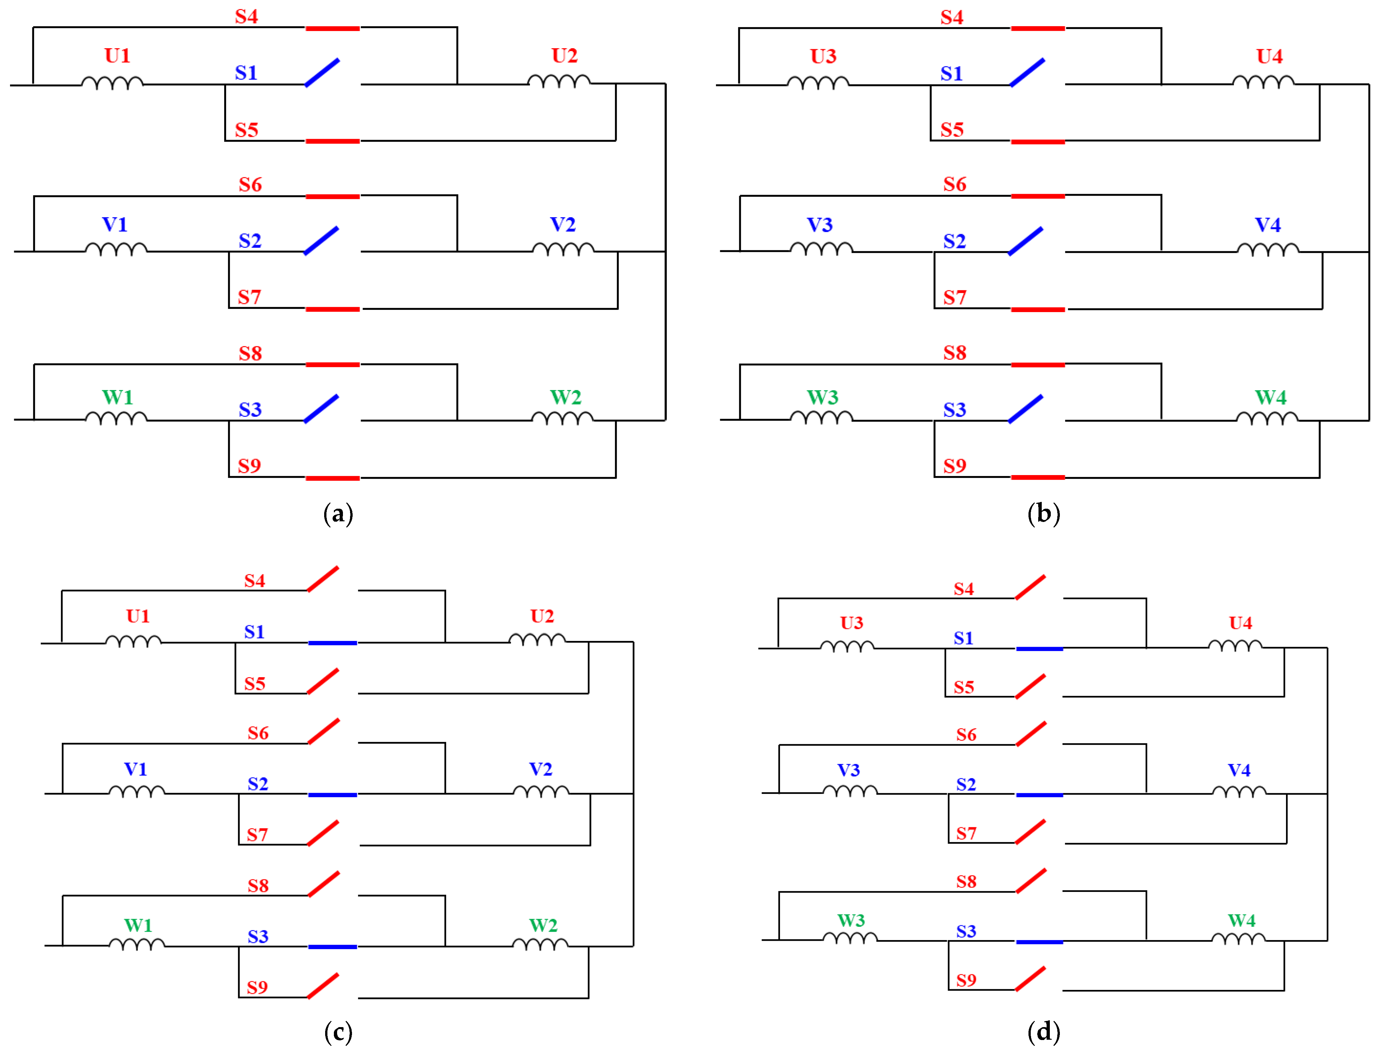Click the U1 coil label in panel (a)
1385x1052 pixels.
[117, 56]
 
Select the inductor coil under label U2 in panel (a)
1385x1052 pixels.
[559, 81]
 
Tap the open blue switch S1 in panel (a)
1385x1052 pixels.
[322, 73]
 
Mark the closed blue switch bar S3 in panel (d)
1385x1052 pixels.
[1039, 942]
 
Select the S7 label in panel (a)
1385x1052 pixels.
[249, 297]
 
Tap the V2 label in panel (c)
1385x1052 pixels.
[541, 769]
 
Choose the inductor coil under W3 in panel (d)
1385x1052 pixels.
[850, 938]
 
